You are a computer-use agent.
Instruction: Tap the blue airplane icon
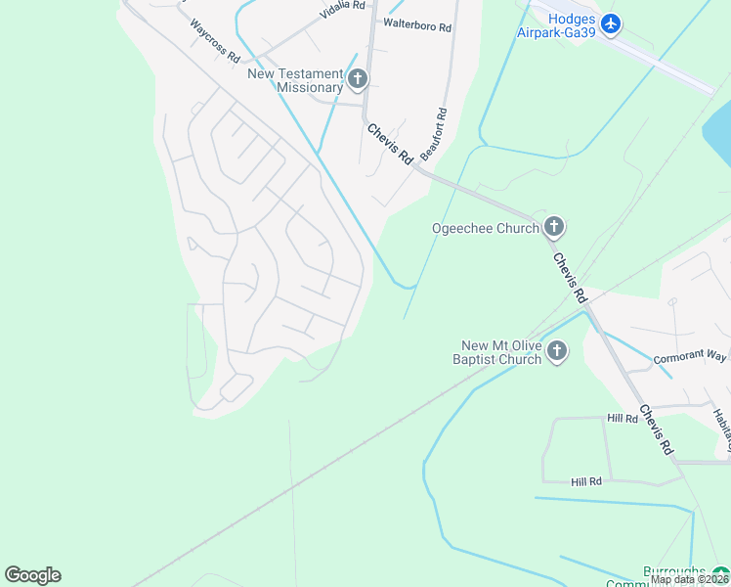pyautogui.click(x=611, y=23)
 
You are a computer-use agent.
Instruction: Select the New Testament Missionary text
pyautogui.click(x=295, y=80)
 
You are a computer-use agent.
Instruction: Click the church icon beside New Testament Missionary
pyautogui.click(x=358, y=78)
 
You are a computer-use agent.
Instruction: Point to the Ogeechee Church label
pyautogui.click(x=486, y=229)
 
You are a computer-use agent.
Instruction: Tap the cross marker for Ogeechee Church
pyautogui.click(x=554, y=228)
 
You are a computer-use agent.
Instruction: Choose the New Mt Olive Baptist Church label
pyautogui.click(x=501, y=352)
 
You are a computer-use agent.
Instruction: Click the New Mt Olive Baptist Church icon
pyautogui.click(x=557, y=351)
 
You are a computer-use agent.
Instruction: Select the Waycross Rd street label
pyautogui.click(x=215, y=41)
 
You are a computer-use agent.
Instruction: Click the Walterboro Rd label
pyautogui.click(x=417, y=25)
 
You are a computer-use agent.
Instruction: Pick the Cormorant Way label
pyautogui.click(x=690, y=356)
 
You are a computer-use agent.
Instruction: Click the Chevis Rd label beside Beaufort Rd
pyautogui.click(x=389, y=144)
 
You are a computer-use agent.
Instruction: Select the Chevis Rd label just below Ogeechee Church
pyautogui.click(x=569, y=277)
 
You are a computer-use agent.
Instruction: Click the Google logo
pyautogui.click(x=32, y=575)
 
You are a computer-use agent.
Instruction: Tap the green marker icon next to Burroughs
pyautogui.click(x=720, y=572)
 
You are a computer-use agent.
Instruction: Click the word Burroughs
pyautogui.click(x=674, y=571)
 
